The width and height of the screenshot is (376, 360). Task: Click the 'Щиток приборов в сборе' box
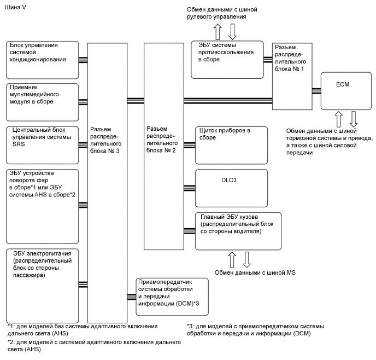coord(231,144)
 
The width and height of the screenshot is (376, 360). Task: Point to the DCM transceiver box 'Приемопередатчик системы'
coord(172,296)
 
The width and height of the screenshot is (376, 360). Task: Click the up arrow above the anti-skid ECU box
coord(217,30)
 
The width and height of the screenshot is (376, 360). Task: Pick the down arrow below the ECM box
coord(354,118)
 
